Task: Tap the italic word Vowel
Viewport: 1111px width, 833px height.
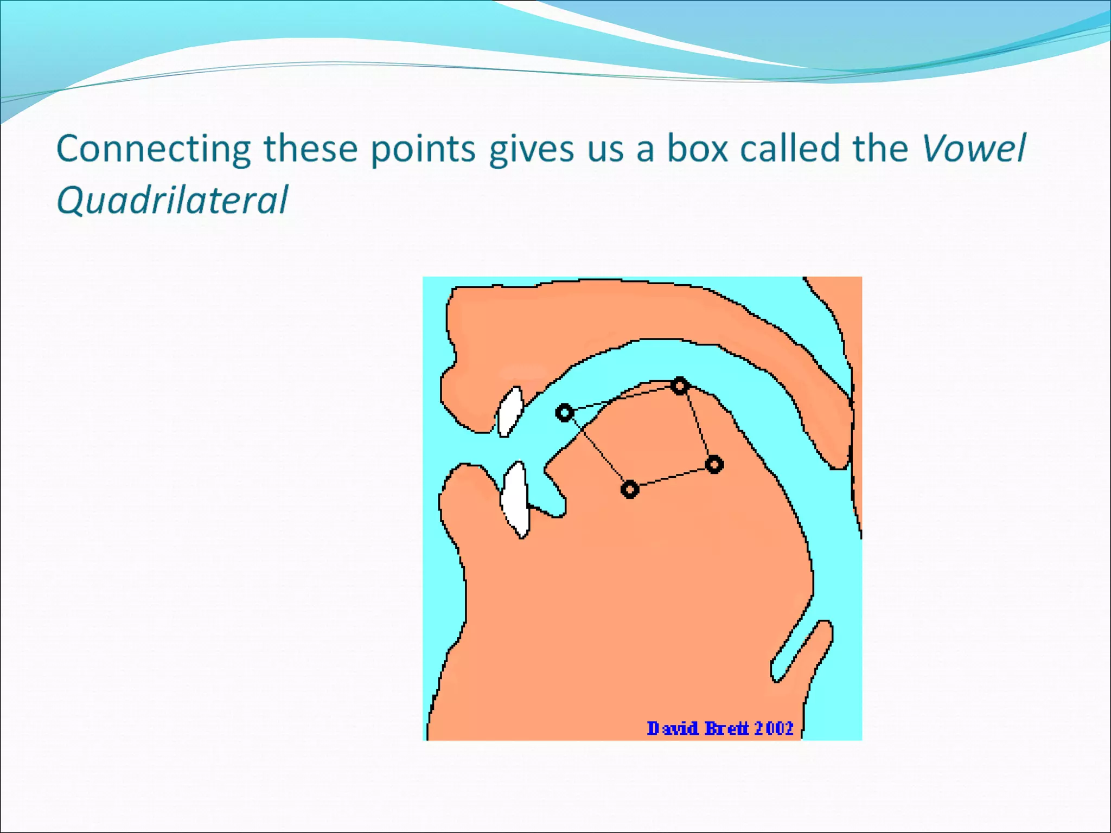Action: (x=974, y=148)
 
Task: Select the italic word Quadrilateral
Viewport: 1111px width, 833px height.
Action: (x=172, y=200)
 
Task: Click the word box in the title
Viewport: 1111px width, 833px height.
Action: (x=697, y=148)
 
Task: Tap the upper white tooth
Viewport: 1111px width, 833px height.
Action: (x=510, y=411)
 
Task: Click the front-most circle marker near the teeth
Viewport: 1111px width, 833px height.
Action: (x=565, y=413)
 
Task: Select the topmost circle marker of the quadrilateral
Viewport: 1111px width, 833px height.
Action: (x=680, y=386)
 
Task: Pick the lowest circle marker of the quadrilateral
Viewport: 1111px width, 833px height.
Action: (x=629, y=490)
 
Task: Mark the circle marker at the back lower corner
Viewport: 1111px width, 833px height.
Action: (x=714, y=465)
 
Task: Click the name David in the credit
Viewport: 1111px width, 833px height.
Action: (x=673, y=728)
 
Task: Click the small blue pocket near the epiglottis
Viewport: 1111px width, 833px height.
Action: (x=801, y=651)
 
